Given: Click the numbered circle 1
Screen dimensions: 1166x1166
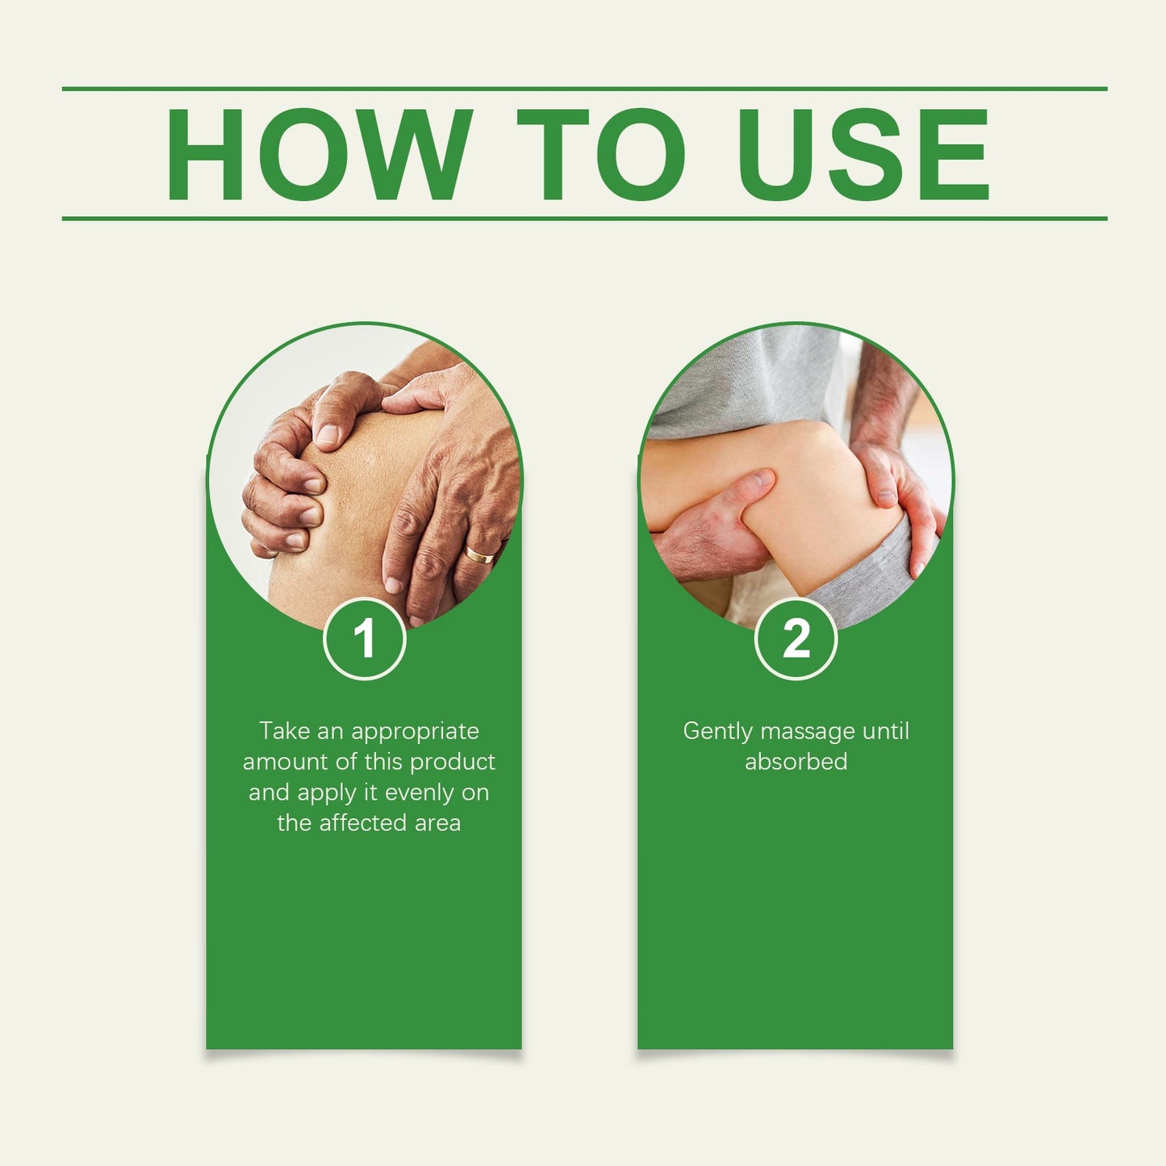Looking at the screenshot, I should click(365, 638).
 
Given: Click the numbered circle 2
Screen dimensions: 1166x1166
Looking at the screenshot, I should click(796, 638).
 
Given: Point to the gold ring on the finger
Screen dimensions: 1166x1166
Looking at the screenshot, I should click(479, 555).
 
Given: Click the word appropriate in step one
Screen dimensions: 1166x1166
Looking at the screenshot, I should click(415, 731).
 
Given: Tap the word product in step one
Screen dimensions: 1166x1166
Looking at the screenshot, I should click(453, 762).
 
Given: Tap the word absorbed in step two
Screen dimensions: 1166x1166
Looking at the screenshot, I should click(796, 762).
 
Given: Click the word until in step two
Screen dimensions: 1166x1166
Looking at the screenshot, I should click(886, 731).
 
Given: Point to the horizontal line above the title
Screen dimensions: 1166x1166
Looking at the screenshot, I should click(584, 89).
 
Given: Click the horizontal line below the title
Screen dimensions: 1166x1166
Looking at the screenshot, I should click(584, 219).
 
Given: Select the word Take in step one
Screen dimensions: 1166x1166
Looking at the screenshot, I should click(285, 731).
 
